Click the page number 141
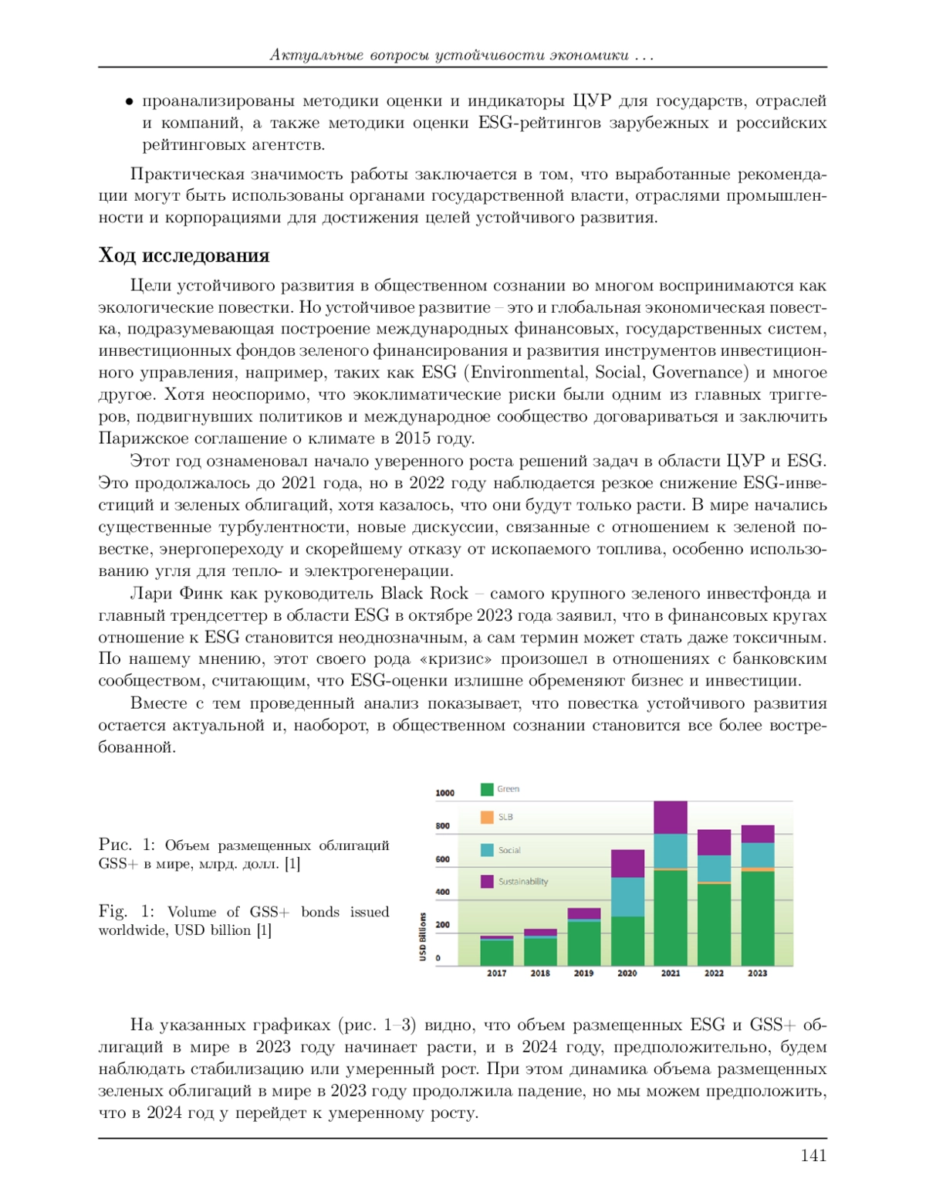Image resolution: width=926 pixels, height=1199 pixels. click(813, 1155)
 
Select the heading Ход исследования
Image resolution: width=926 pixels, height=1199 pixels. click(184, 256)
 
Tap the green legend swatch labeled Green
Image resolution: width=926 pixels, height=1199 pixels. click(487, 789)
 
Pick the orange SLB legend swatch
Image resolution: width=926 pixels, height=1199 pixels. click(487, 817)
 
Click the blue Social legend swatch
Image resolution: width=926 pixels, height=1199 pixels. click(487, 850)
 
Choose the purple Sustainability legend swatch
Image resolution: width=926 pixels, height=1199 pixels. click(487, 882)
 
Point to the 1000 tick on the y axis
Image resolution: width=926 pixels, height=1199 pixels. click(445, 793)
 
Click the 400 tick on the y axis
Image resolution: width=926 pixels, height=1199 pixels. click(443, 892)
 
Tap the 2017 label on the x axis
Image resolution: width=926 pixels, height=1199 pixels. click(496, 974)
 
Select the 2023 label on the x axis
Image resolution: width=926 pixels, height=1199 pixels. click(757, 974)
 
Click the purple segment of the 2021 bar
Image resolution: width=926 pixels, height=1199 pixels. click(670, 818)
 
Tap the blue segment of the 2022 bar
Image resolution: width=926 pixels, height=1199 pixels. click(714, 869)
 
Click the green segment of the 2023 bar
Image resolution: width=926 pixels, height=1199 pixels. click(757, 919)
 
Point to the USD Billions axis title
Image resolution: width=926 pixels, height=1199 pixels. click(423, 937)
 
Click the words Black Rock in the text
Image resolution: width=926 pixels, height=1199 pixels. click(424, 593)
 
